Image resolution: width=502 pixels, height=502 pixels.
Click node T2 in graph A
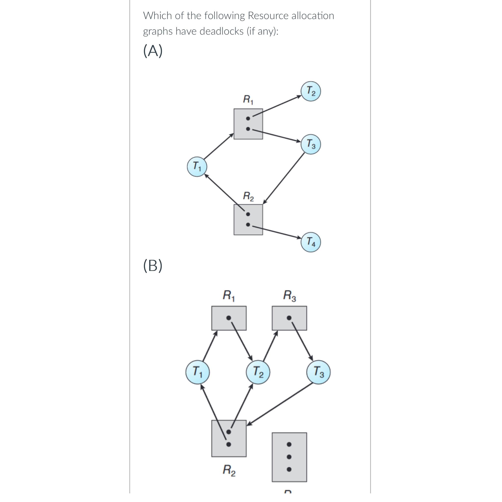[311, 91]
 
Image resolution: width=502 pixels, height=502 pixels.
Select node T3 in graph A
[311, 144]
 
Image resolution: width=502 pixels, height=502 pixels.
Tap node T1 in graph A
[197, 166]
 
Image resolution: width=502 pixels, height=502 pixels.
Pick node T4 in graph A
[311, 242]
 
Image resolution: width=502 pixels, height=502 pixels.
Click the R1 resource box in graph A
[248, 124]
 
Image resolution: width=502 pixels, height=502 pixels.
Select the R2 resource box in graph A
[248, 220]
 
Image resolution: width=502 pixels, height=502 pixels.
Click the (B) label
[153, 265]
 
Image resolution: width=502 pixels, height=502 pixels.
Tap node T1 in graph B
[198, 372]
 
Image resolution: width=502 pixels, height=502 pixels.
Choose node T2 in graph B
[258, 372]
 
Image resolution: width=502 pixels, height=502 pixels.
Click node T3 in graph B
[318, 372]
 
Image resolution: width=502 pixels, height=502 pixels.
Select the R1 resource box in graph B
[229, 318]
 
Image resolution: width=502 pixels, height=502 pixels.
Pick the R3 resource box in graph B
[289, 318]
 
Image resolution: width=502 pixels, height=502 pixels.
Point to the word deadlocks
[221, 31]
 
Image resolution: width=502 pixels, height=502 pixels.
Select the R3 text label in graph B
[289, 295]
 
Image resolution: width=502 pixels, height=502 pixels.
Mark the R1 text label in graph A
[248, 99]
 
